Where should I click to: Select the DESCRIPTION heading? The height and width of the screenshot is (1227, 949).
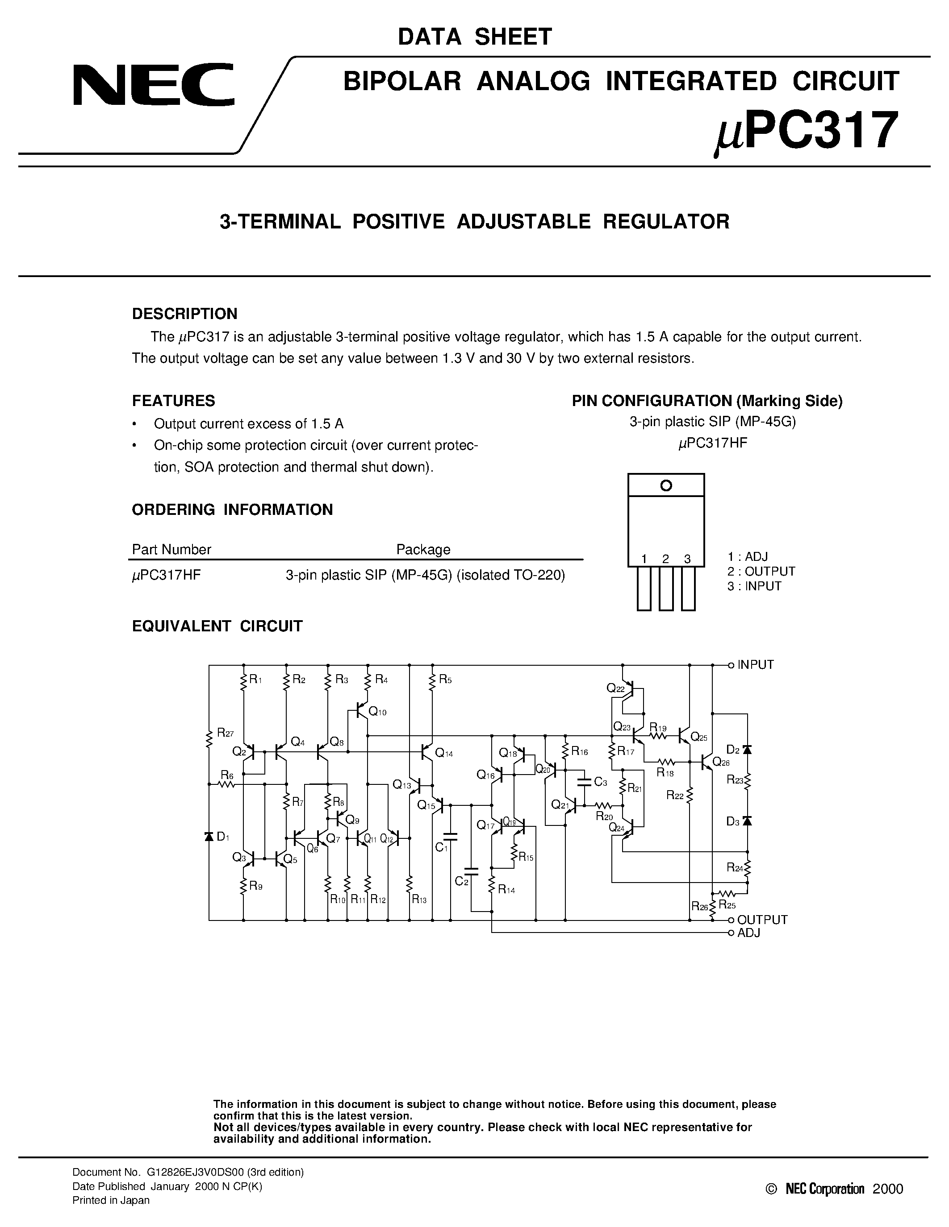[184, 314]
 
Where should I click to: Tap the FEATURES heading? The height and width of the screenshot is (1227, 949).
[173, 401]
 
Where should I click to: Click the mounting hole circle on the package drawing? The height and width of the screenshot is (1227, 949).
[666, 485]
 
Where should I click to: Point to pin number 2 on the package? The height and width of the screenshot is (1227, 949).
[666, 559]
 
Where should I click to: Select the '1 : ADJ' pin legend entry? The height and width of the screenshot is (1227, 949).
[747, 557]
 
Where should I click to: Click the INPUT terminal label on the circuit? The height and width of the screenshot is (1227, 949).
[756, 665]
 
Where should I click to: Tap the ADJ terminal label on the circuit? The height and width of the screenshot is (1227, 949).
[748, 933]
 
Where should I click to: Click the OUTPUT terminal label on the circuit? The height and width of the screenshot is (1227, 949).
[762, 920]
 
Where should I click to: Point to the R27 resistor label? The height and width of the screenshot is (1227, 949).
[225, 733]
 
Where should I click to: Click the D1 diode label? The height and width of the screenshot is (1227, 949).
[223, 837]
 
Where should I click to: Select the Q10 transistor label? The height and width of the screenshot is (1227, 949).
[377, 713]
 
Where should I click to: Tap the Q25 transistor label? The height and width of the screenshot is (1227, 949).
[699, 737]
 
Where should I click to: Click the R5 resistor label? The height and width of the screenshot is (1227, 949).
[445, 680]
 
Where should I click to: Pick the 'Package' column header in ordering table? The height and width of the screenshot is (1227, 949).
[423, 549]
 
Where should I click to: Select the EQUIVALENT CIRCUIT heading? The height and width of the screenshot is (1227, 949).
[217, 626]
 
